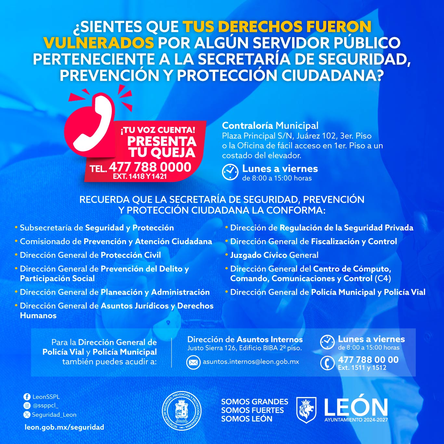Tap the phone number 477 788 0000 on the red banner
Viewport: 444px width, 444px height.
point(150,167)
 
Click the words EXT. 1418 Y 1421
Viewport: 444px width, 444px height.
point(140,176)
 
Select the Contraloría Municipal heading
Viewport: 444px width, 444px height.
point(270,125)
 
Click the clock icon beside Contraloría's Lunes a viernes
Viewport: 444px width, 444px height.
point(230,172)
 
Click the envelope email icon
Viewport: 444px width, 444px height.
point(193,362)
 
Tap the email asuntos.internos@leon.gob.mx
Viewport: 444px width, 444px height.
point(251,362)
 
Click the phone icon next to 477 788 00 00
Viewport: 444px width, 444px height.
point(327,363)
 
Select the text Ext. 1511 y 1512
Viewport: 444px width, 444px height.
point(362,368)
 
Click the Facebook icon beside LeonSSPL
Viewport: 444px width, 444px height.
point(27,397)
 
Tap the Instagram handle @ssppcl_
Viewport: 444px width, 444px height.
point(46,406)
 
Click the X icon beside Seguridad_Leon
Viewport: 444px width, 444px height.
point(27,415)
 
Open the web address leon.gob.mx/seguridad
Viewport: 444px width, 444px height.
point(64,427)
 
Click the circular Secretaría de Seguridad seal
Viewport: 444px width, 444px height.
point(182,411)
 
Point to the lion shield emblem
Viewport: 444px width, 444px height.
point(306,410)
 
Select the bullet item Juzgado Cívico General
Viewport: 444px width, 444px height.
point(274,255)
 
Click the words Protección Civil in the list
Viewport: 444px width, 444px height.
point(131,255)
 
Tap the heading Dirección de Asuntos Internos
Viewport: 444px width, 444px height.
point(245,339)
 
